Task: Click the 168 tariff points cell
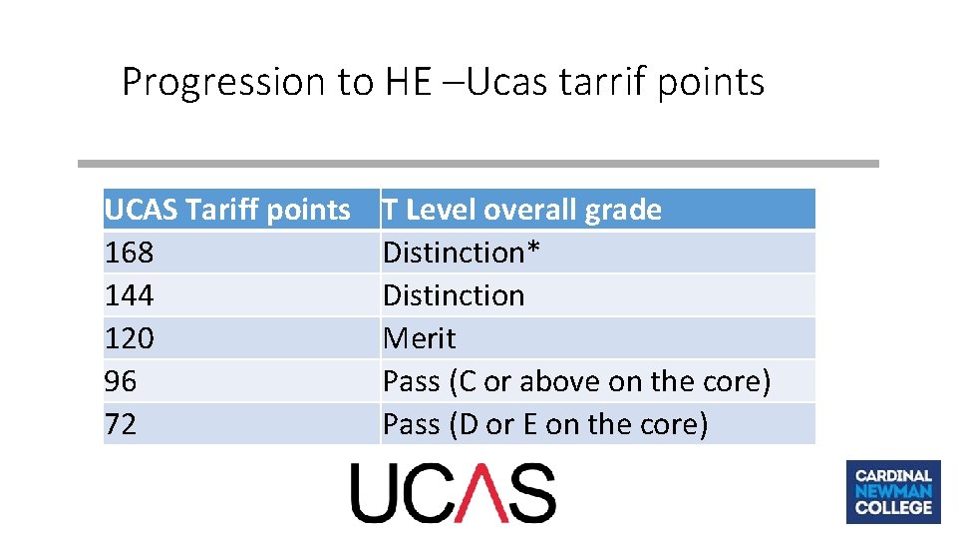click(x=130, y=253)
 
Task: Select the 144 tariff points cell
click(x=130, y=295)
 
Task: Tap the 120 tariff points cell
click(x=130, y=338)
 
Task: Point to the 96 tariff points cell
click(x=121, y=381)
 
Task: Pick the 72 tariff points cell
click(x=121, y=424)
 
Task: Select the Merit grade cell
click(x=420, y=338)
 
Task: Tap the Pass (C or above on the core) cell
click(x=576, y=381)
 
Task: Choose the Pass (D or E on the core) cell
click(x=545, y=424)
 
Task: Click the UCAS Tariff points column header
click(x=227, y=210)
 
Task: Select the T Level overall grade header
click(x=522, y=210)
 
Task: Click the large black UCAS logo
click(x=453, y=493)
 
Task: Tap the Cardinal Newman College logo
click(x=892, y=491)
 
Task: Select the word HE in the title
click(x=407, y=82)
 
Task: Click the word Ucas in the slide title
click(x=506, y=82)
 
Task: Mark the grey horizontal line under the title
click(x=478, y=164)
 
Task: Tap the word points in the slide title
click(x=711, y=82)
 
